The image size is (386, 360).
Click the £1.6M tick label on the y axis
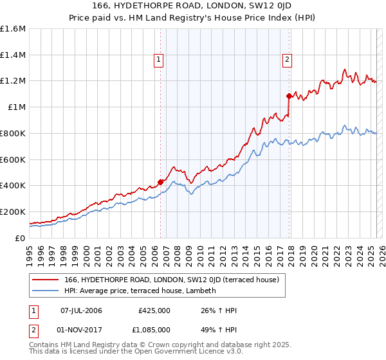tap(13, 29)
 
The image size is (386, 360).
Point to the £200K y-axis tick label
tap(13, 212)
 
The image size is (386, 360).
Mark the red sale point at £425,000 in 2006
tap(160, 182)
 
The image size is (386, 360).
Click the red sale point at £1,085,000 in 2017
tap(289, 96)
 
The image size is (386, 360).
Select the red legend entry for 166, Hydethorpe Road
tap(171, 280)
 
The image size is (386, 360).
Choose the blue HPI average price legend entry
tap(140, 291)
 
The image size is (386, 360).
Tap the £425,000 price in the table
tap(154, 311)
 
